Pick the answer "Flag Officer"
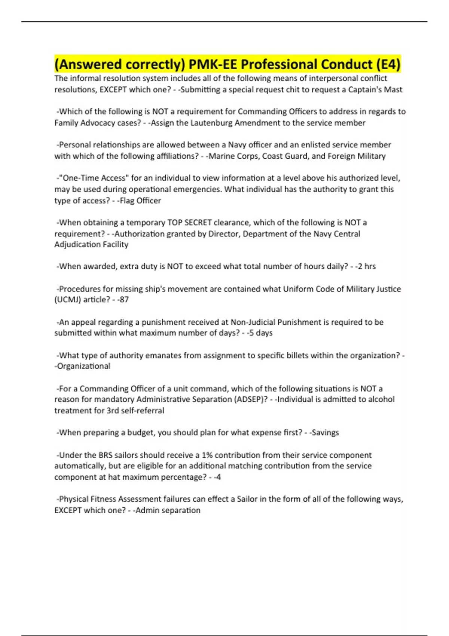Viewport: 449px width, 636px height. pos(140,201)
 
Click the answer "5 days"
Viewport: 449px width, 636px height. pos(260,333)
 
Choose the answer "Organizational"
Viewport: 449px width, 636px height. pos(83,366)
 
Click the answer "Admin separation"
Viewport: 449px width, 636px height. pos(168,510)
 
